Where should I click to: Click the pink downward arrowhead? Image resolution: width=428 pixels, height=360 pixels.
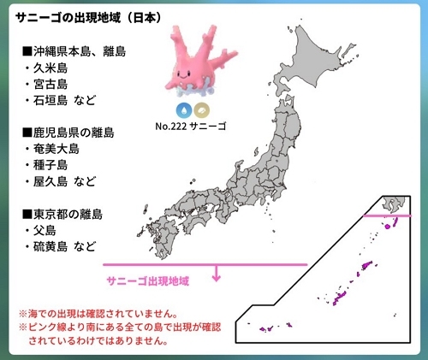point(217,277)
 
